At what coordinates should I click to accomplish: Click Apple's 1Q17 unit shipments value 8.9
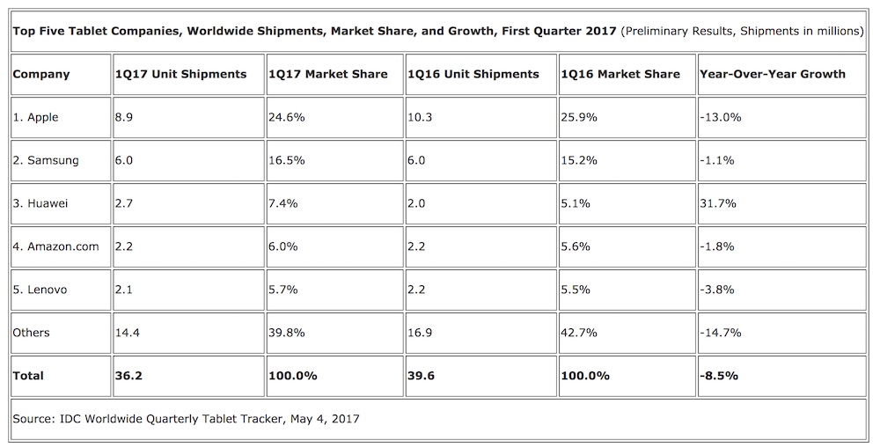[124, 117]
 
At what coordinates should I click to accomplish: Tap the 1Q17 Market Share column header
[327, 74]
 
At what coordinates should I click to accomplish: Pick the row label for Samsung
[46, 160]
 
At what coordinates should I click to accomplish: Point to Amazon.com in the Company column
[55, 246]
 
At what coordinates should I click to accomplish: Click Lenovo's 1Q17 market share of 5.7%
[284, 290]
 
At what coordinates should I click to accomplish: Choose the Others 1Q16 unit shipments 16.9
[418, 333]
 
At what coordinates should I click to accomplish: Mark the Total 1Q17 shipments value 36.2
[128, 376]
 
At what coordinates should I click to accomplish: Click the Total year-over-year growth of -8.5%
[719, 376]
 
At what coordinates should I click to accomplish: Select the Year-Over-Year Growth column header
[772, 74]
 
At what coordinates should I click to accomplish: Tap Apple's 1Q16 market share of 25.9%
[579, 117]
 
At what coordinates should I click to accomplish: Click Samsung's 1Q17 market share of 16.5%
[287, 160]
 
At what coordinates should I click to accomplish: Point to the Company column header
[41, 74]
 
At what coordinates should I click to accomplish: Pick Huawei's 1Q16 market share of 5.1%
[576, 203]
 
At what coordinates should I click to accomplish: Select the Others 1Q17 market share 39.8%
[287, 333]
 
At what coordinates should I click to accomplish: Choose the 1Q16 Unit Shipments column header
[473, 74]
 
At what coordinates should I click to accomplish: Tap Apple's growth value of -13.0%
[721, 117]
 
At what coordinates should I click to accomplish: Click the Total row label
[28, 376]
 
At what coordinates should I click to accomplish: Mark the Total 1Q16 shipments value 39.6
[420, 376]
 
